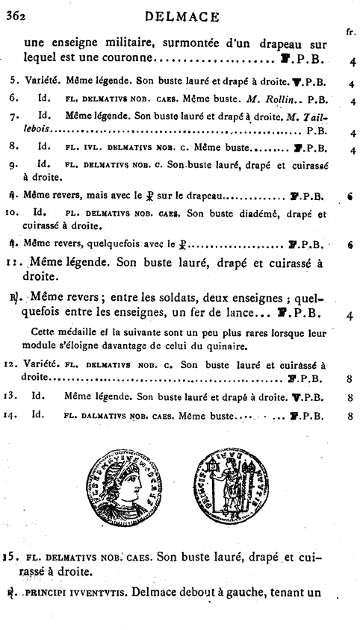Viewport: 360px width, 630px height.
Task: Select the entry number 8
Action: pos(13,149)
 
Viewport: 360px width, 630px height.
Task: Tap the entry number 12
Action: pos(13,364)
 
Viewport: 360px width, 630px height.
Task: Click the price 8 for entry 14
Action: pos(350,417)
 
